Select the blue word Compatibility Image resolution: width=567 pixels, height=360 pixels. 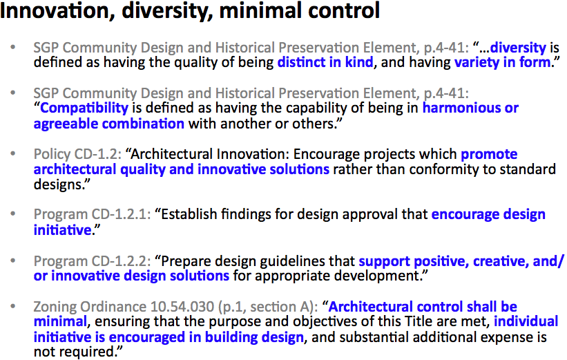(84, 108)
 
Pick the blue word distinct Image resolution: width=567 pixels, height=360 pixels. (301, 62)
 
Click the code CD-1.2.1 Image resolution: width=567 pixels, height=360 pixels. (121, 214)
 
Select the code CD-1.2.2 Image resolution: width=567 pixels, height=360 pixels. (121, 261)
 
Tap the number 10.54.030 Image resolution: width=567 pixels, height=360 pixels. (182, 307)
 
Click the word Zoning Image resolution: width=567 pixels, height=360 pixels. (55, 307)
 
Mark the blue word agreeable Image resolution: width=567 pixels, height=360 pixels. (66, 124)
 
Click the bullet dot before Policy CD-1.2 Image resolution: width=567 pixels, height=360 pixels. (13, 154)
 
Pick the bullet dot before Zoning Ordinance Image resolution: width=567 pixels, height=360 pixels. (13, 307)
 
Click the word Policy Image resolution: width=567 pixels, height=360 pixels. (52, 155)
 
